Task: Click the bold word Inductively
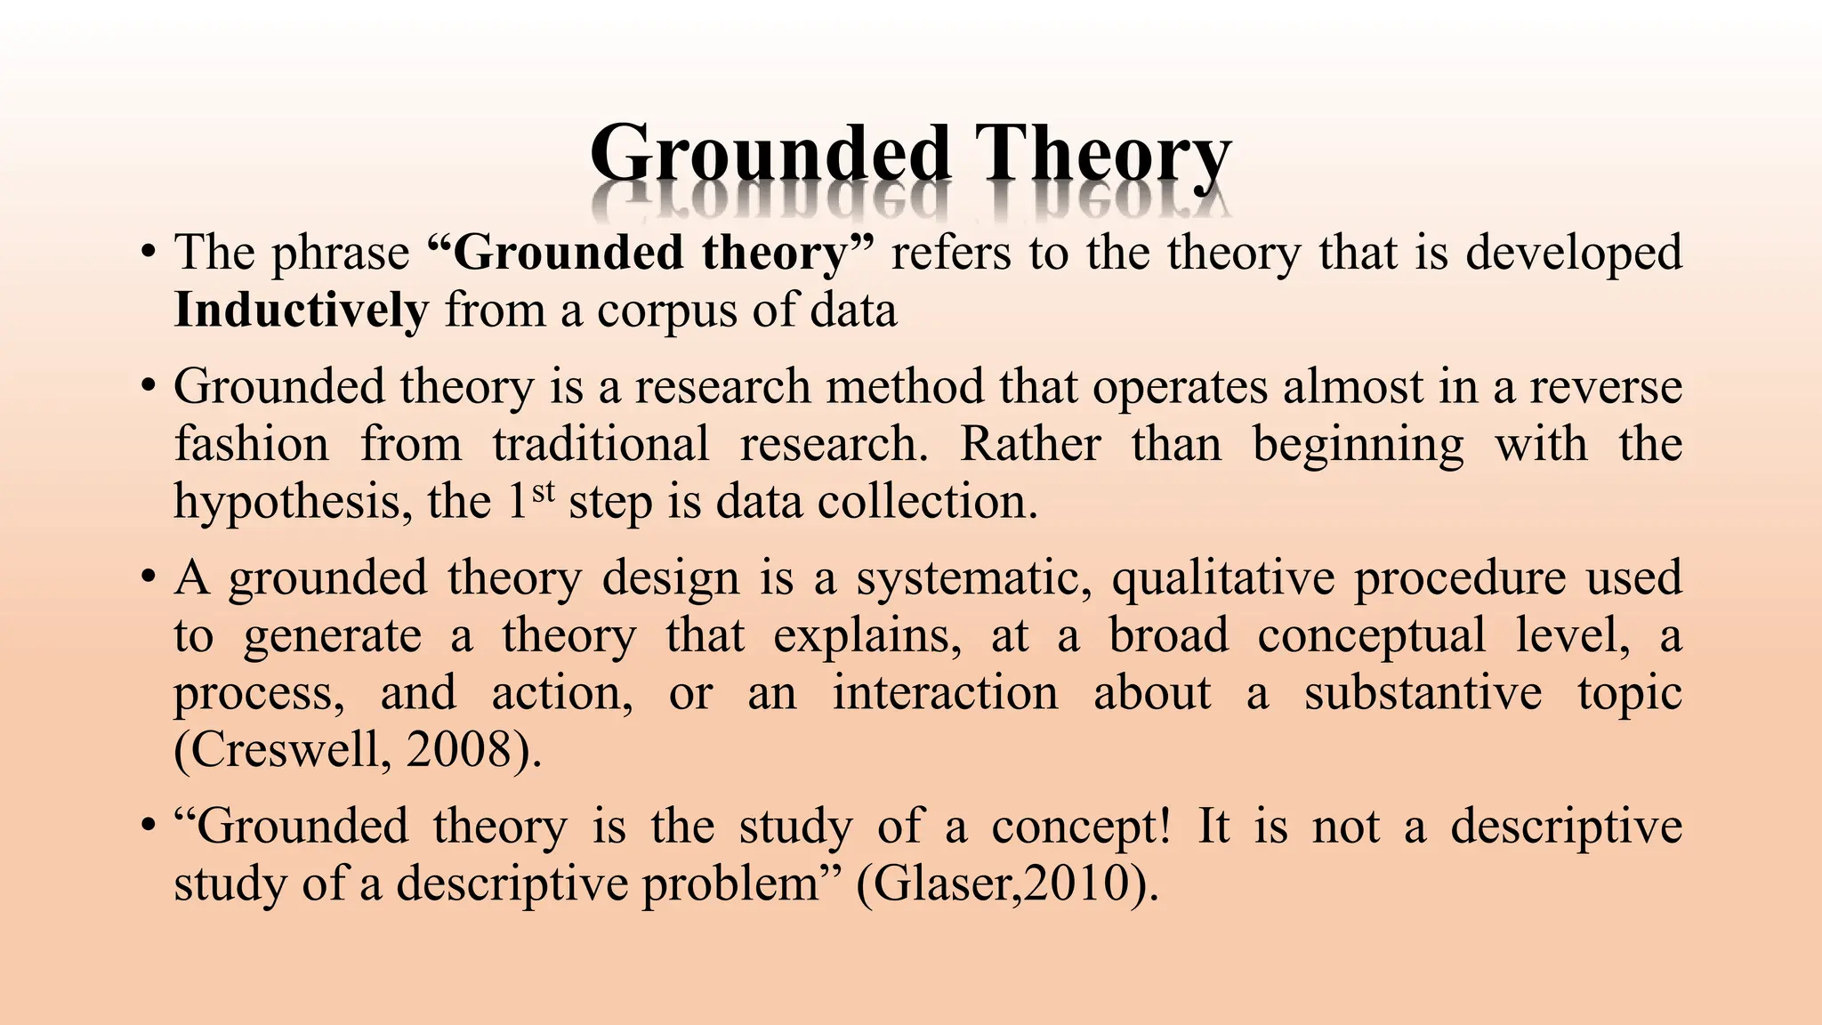click(x=301, y=311)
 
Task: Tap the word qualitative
click(x=1223, y=578)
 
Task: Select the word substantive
click(x=1423, y=693)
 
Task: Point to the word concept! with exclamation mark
click(x=1082, y=827)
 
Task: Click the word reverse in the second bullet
click(x=1606, y=387)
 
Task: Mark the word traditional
click(x=601, y=444)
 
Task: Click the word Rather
click(x=1030, y=444)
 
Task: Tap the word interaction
click(x=945, y=693)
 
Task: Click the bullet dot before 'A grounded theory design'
click(x=149, y=578)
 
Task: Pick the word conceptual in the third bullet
click(x=1371, y=636)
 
